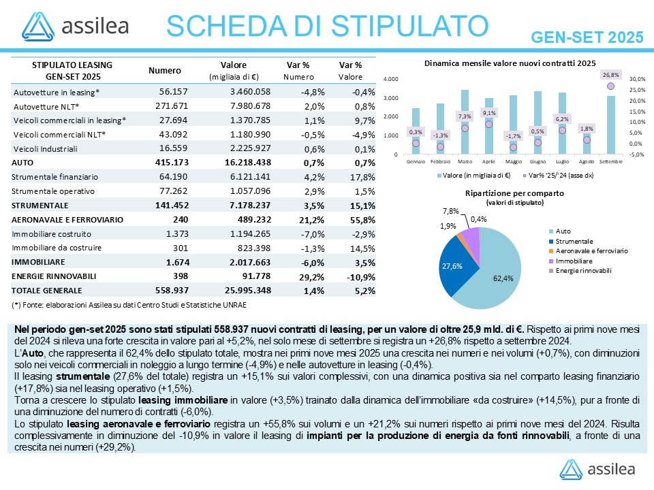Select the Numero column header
tap(164, 70)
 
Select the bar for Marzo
tap(465, 122)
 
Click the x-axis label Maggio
tap(513, 161)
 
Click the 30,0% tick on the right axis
tap(638, 80)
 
